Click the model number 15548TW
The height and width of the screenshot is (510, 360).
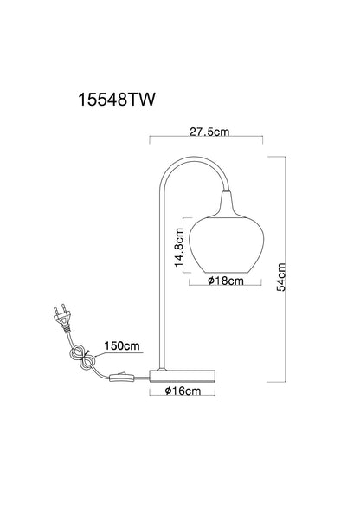point(117,100)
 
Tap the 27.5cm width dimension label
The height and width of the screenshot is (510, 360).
point(209,132)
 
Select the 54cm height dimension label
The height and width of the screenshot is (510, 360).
point(281,277)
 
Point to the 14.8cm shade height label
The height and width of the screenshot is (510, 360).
point(179,248)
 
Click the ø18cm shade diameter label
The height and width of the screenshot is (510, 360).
point(226,281)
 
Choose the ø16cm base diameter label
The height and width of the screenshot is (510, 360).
point(183,391)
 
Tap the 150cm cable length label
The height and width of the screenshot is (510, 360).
point(122,345)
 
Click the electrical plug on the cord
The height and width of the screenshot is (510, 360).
point(62,318)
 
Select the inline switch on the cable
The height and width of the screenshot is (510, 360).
point(122,378)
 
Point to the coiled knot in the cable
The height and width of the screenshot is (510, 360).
point(83,358)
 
